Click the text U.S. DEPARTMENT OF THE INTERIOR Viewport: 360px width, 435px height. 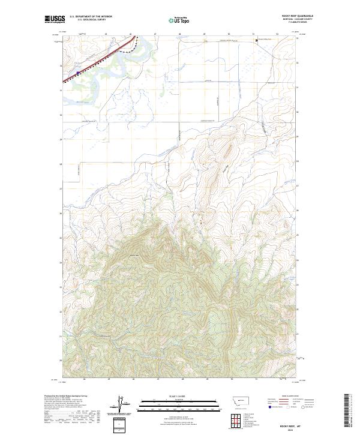click(x=91, y=16)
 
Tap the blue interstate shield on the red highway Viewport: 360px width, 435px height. click(x=78, y=72)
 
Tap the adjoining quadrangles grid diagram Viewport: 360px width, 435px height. click(x=235, y=419)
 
